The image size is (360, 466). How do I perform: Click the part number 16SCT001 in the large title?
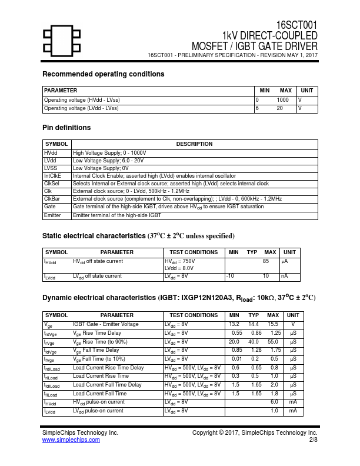coord(297,25)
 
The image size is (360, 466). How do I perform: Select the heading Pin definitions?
coord(66,128)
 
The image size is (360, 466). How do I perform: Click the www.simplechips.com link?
coord(71,440)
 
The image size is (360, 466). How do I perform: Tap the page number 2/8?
coord(313,440)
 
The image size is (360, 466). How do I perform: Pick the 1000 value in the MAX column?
coord(282,100)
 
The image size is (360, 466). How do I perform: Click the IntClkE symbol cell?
coord(53,176)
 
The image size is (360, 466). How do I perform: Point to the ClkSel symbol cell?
coord(52,184)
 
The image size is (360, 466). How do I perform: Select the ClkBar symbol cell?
coord(52,199)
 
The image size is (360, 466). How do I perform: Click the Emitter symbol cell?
coord(52,215)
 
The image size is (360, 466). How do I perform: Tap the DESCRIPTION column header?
coord(194,144)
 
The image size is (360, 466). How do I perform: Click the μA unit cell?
coord(284,261)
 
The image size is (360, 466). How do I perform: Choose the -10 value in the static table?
coord(231,276)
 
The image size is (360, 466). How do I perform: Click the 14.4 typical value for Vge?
coord(254,324)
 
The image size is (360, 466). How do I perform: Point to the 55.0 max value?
coord(272,341)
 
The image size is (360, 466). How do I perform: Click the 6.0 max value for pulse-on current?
coord(274,402)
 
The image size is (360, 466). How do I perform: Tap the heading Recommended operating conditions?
coord(104,74)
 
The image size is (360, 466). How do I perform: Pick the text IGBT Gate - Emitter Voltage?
coord(106,324)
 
